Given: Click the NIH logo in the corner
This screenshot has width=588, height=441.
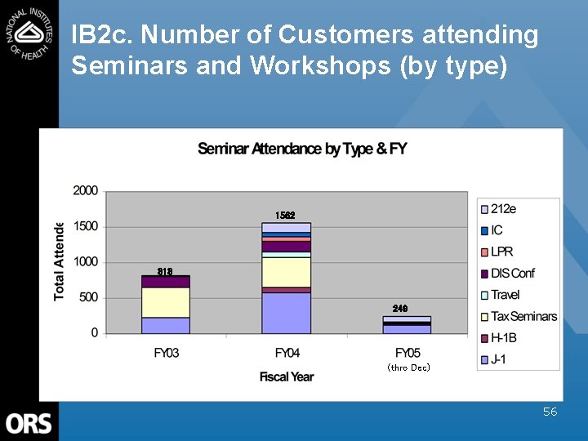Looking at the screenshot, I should pos(29,30).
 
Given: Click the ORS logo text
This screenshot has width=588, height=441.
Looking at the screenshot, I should pos(29,423).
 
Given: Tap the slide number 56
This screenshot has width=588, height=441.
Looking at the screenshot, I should pos(550,412).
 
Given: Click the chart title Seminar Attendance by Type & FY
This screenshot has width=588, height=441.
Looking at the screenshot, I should pos(302,149).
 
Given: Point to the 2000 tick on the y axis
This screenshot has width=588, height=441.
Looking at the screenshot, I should pos(86,190).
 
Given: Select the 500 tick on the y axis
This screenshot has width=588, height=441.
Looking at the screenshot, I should pos(88,297).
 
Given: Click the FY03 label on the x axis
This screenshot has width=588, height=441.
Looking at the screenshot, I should pos(166,353).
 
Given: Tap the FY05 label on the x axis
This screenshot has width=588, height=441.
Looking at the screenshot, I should pos(408,353).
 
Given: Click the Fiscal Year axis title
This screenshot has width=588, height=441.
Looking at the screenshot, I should pos(287,376).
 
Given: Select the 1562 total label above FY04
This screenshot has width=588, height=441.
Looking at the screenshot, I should pos(285,216).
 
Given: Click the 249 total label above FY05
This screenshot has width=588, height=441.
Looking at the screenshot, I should pos(400,309).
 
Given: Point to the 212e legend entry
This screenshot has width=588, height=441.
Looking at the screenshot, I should pos(503,209).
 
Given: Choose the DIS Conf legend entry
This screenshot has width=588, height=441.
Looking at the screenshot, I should pos(512,274).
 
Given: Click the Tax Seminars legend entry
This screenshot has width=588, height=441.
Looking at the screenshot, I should pos(523,316).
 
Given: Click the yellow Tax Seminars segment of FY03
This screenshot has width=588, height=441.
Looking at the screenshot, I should pos(166,302).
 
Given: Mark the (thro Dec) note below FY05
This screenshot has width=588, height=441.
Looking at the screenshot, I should pos(408,367).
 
